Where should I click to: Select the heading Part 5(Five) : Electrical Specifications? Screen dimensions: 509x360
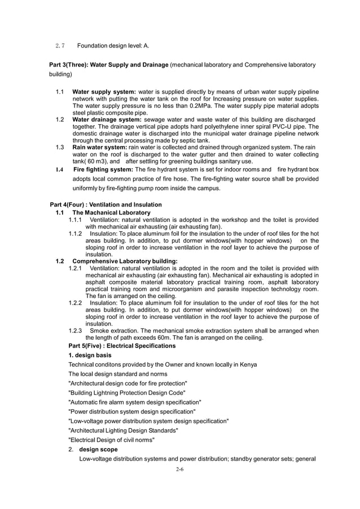tap(122, 345)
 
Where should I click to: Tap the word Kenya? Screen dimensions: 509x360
tap(248, 365)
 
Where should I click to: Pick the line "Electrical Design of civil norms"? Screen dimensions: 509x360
tap(111, 440)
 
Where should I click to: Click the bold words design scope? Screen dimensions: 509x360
tap(99, 449)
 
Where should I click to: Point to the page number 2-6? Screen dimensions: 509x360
tap(179, 469)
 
